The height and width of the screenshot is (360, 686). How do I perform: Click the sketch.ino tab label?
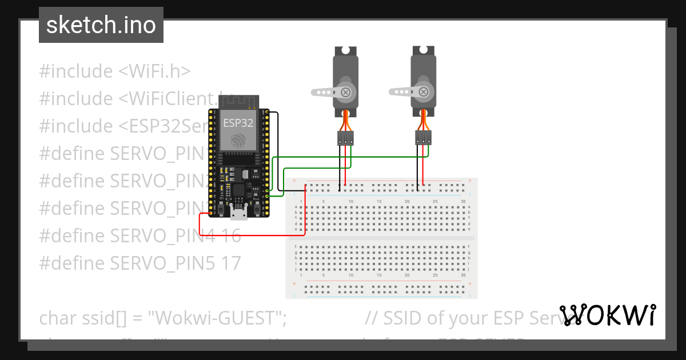[x=101, y=25]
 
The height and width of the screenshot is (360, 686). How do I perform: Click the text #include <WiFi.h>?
[x=115, y=71]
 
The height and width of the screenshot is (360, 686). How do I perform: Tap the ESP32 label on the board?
[x=238, y=122]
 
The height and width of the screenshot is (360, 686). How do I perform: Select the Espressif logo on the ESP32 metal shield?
[x=238, y=139]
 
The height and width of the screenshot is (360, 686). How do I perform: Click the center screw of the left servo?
[x=345, y=91]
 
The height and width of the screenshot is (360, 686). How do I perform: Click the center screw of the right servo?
[x=424, y=91]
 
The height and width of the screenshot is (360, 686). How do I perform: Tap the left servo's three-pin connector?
[x=345, y=138]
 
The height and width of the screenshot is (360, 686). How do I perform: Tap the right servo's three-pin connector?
[x=423, y=138]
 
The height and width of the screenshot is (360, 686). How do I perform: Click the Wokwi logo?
[x=607, y=315]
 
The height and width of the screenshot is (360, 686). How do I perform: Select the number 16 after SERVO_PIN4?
[x=230, y=235]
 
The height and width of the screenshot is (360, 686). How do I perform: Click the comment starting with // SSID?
[x=463, y=318]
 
